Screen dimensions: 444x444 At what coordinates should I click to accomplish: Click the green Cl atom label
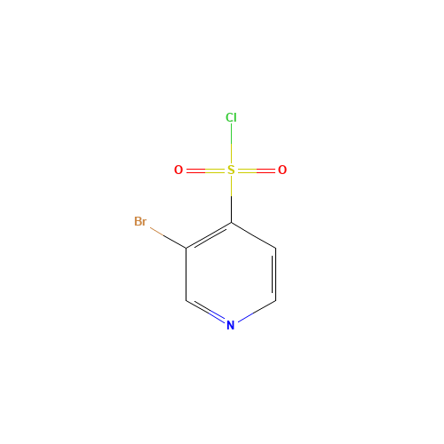coord(231,117)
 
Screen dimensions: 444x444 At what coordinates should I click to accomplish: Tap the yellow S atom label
coord(231,170)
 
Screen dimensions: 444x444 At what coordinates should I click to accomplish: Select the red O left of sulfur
coord(178,170)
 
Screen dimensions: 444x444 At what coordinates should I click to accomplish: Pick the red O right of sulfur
coord(282,170)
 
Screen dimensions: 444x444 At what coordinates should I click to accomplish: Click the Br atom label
coord(140,221)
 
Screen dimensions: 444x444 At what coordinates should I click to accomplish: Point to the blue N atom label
coord(230,325)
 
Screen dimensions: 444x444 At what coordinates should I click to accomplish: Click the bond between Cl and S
coord(231,143)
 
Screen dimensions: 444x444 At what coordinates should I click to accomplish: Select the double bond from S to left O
coord(204,170)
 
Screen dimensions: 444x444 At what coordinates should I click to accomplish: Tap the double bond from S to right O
coord(257,170)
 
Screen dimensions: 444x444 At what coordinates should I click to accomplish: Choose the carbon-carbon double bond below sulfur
coord(209,234)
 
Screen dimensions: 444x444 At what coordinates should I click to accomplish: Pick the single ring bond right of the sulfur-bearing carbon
coord(253,234)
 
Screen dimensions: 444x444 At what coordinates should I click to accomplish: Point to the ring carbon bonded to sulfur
coord(231,222)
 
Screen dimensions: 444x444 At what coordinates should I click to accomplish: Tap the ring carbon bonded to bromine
coord(186,248)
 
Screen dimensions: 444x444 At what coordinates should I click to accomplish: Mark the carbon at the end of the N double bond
coord(186,300)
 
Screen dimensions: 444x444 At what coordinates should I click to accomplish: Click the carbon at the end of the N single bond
coord(275,300)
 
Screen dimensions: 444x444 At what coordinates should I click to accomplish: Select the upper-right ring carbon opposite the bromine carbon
coord(275,248)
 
